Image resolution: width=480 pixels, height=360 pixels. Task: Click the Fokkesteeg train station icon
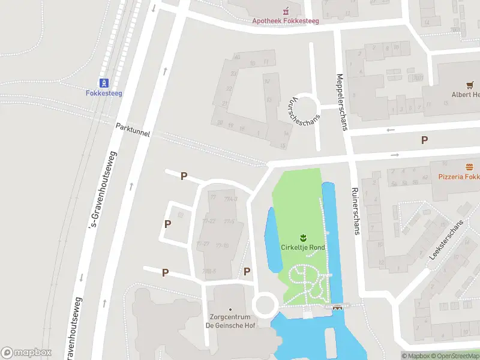click(x=104, y=83)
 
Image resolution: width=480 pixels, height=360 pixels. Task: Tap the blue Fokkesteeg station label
click(x=104, y=93)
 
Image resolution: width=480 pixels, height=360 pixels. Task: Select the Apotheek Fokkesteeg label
click(x=285, y=20)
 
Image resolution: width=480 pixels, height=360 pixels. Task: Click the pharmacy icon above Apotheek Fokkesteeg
click(x=286, y=10)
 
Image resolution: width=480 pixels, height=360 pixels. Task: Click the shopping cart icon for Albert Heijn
click(x=470, y=85)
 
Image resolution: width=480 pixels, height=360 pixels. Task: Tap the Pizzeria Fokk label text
click(x=458, y=177)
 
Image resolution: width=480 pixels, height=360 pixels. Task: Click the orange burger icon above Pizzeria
click(x=469, y=167)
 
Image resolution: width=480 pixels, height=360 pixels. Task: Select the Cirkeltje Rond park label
click(x=303, y=247)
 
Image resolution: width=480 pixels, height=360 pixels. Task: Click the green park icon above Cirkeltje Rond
click(x=303, y=237)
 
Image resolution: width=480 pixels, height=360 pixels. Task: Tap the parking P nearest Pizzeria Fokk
click(x=424, y=140)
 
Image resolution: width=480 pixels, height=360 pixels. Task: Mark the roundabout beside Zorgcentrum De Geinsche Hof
click(x=265, y=304)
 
